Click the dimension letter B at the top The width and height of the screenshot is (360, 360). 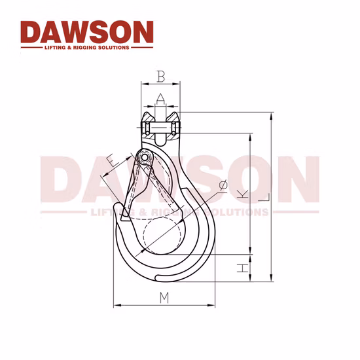[160, 77]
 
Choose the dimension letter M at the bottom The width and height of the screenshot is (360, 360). [164, 298]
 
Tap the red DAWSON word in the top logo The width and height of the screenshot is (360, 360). [86, 32]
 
